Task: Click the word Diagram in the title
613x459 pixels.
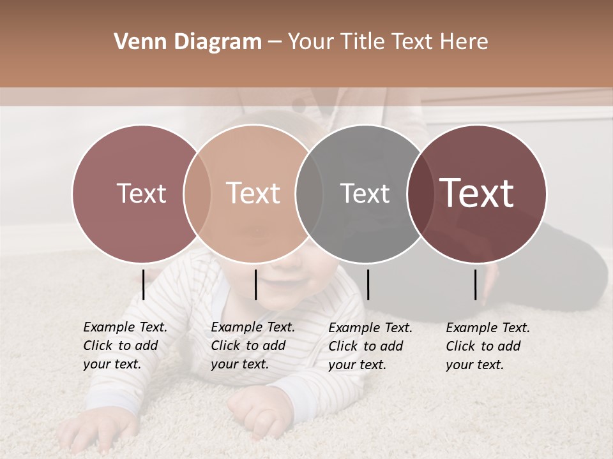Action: [216, 42]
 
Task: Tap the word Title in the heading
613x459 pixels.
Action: [361, 42]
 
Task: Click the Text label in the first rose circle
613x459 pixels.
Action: [141, 193]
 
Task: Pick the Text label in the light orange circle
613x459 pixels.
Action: [253, 193]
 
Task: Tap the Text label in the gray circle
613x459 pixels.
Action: [365, 193]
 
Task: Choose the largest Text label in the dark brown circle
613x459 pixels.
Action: [477, 193]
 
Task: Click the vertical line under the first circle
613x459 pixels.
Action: [144, 284]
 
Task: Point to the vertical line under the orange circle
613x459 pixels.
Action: [255, 284]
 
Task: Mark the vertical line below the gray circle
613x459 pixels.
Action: [368, 284]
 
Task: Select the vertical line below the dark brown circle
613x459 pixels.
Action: [476, 284]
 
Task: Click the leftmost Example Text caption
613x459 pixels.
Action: [125, 346]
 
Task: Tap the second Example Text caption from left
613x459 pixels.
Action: [252, 346]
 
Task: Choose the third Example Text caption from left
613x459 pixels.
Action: [370, 346]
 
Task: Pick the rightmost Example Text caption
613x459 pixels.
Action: [488, 346]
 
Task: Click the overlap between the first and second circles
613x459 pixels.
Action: [197, 193]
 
